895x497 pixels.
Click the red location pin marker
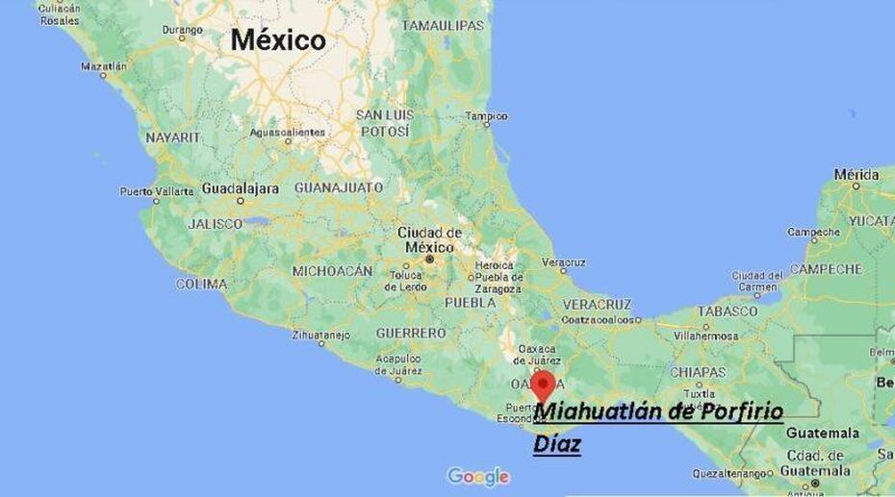click(x=544, y=385)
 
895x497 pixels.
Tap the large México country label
click(x=277, y=40)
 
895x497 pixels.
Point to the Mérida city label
click(x=856, y=175)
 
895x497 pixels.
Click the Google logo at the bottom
click(x=478, y=476)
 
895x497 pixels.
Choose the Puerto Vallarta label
click(x=156, y=191)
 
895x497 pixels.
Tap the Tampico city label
click(x=486, y=116)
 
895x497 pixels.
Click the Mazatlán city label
click(x=104, y=66)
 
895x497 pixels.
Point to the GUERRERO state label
click(x=411, y=333)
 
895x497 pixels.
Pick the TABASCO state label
click(x=729, y=311)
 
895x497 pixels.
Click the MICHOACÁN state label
click(x=332, y=271)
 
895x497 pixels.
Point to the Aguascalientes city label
click(x=287, y=133)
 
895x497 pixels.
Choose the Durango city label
click(x=182, y=30)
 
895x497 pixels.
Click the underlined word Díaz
click(x=557, y=444)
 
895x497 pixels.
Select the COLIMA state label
click(x=201, y=285)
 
